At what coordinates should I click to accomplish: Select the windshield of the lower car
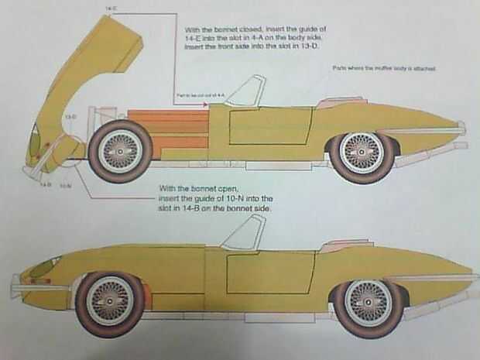[x=245, y=233]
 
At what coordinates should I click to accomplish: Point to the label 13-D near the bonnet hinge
[x=70, y=115]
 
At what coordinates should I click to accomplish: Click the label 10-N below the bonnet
[x=66, y=186]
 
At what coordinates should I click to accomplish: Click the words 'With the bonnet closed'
[x=225, y=28]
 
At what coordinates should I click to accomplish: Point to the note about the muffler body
[x=385, y=68]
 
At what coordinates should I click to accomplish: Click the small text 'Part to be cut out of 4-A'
[x=200, y=94]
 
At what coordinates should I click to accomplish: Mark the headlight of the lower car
[x=44, y=267]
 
